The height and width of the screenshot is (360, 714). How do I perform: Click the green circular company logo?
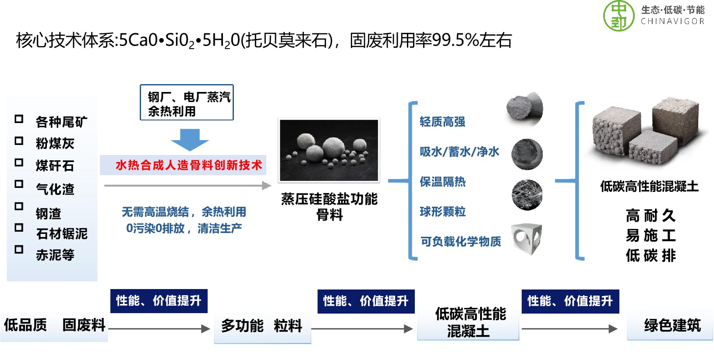(x=619, y=16)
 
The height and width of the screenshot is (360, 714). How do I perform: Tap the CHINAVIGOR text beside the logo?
(x=672, y=21)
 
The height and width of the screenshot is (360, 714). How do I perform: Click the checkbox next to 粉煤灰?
(x=19, y=141)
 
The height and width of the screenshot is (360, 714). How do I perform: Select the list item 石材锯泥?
(x=62, y=234)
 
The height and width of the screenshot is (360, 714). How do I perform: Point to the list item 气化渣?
(x=55, y=189)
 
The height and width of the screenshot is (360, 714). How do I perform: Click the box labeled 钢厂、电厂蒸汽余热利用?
(x=187, y=103)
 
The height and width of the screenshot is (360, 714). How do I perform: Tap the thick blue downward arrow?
(x=190, y=140)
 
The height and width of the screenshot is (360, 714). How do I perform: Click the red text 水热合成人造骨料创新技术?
(x=188, y=165)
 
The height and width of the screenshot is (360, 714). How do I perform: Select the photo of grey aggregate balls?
(x=329, y=150)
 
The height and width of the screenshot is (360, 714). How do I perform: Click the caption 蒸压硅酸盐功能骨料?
(x=329, y=207)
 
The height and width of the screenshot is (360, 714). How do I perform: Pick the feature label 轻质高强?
(x=442, y=122)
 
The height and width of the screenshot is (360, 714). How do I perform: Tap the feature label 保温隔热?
(x=442, y=182)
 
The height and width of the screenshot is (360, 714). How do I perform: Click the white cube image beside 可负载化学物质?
(x=527, y=239)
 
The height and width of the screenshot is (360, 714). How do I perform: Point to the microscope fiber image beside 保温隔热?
(x=527, y=194)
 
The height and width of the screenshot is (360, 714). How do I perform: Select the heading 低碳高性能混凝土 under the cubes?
(x=649, y=187)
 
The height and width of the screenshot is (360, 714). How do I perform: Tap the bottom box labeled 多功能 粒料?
(x=262, y=327)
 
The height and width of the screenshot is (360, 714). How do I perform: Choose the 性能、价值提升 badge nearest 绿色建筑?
(x=570, y=301)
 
